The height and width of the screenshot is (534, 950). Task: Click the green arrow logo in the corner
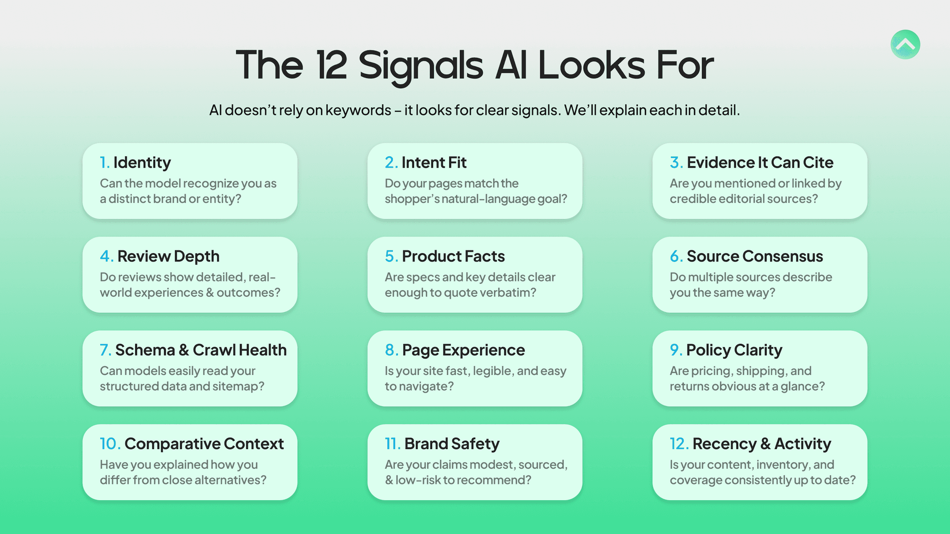(x=905, y=44)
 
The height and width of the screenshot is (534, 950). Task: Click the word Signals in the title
(x=421, y=66)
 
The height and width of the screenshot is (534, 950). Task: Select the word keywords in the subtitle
(x=358, y=110)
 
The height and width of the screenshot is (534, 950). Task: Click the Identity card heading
(x=142, y=163)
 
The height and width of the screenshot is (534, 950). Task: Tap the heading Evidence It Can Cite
(x=760, y=163)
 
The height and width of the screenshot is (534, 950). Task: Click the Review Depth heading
(x=168, y=256)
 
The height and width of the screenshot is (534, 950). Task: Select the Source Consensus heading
(x=755, y=256)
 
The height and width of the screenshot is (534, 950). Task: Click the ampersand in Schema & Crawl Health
(x=184, y=350)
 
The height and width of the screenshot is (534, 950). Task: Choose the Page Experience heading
(x=463, y=350)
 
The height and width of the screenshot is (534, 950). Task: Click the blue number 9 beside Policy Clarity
(x=675, y=350)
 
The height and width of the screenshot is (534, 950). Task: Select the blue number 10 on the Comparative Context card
(x=109, y=444)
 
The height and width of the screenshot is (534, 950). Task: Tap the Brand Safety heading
(x=452, y=444)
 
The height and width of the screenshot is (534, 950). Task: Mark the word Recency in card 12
(x=724, y=444)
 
